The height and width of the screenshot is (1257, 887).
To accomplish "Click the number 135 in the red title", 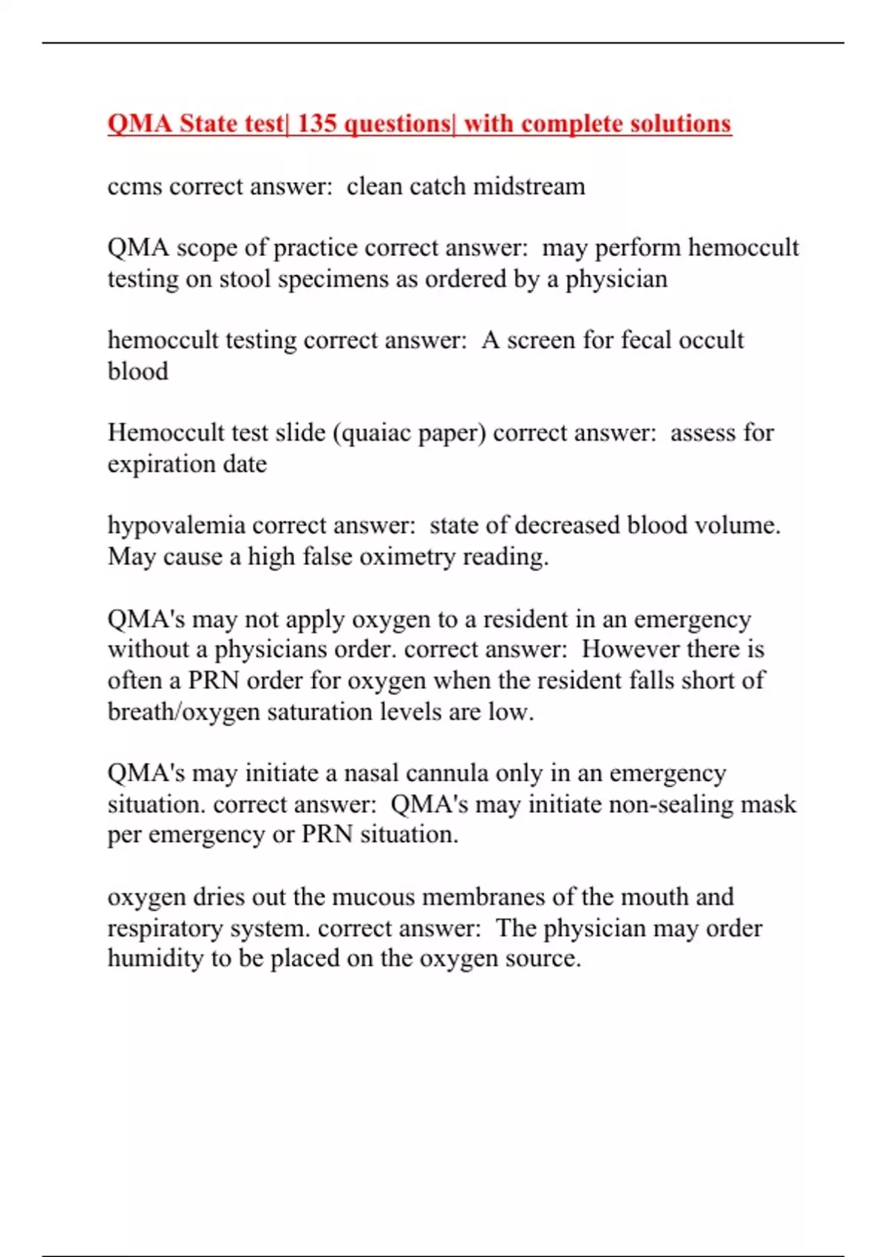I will point(317,123).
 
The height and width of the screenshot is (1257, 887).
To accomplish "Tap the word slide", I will point(299,433).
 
